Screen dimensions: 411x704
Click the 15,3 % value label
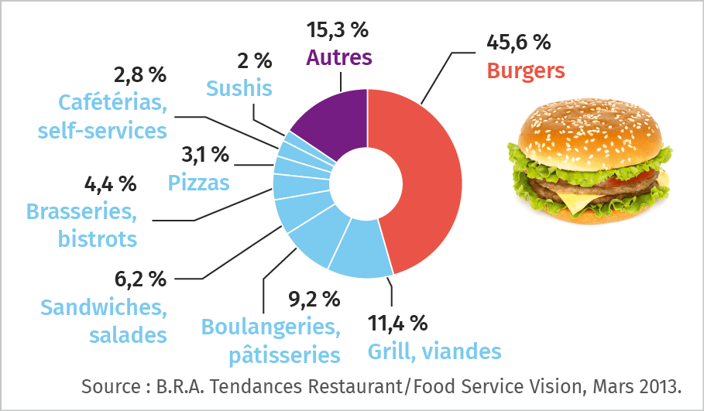pyautogui.click(x=338, y=31)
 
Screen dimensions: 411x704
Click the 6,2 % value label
pyautogui.click(x=136, y=278)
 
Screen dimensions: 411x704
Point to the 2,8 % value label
pyautogui.click(x=140, y=75)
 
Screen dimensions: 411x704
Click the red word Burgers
pyautogui.click(x=525, y=71)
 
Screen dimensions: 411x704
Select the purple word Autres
pyautogui.click(x=339, y=57)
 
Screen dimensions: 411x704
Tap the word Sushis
pyautogui.click(x=239, y=88)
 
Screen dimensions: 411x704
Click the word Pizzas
pyautogui.click(x=199, y=183)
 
